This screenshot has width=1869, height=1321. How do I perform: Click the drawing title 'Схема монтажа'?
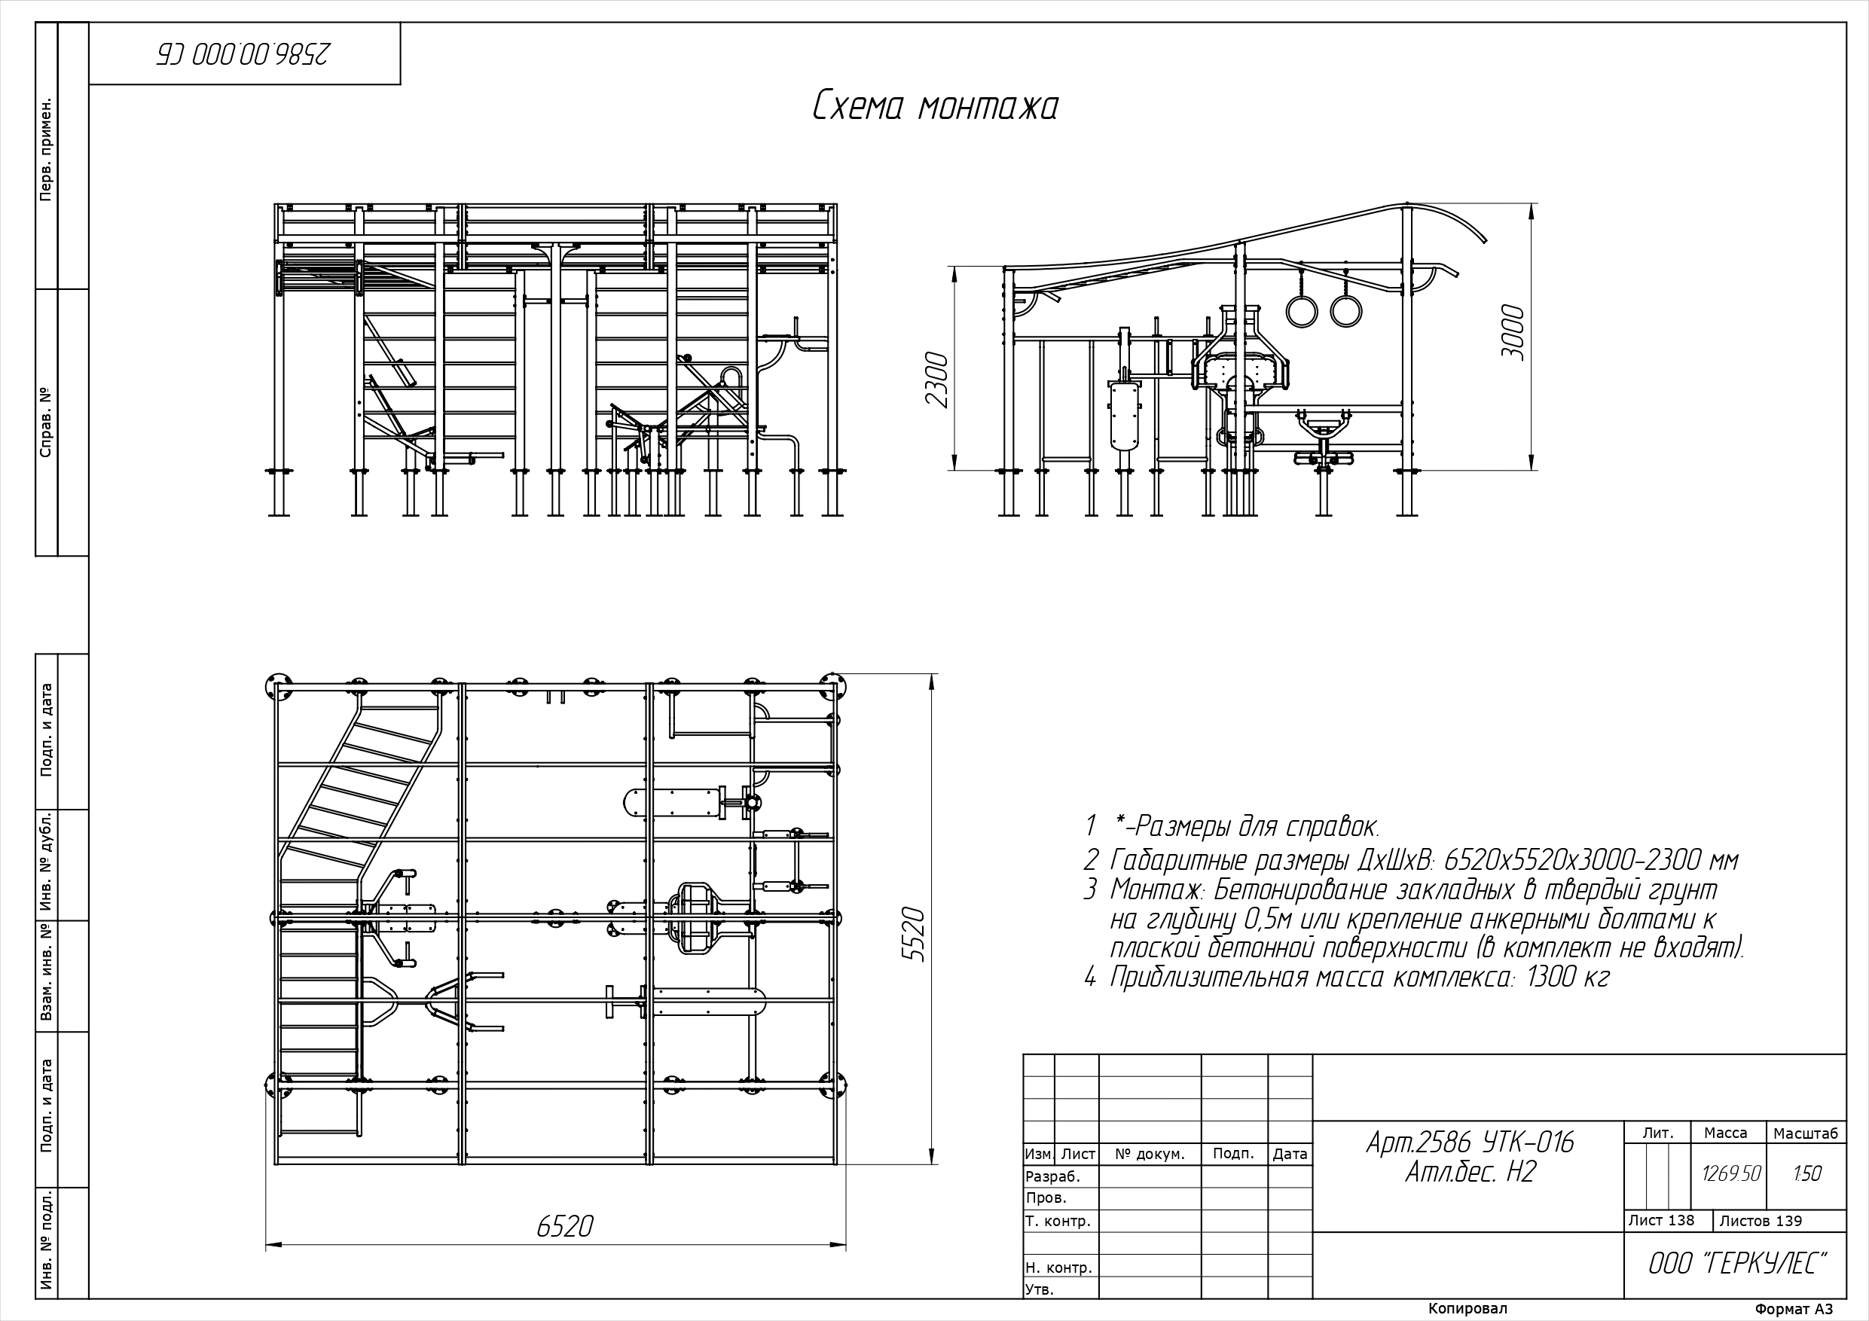coord(936,108)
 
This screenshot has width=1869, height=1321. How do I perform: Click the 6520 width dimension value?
coord(565,1226)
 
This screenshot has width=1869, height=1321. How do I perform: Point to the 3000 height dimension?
coord(1513,332)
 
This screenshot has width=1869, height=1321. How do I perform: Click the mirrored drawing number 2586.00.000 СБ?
coord(244,53)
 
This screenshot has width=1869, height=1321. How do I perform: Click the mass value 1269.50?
coord(1731,1173)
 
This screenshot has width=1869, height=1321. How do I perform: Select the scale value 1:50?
coord(1807,1173)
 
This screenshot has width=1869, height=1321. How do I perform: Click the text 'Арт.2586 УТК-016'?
coord(1470,1143)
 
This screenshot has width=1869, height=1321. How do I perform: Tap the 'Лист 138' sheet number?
coord(1661,1220)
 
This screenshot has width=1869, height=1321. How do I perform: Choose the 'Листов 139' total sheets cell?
coord(1761,1221)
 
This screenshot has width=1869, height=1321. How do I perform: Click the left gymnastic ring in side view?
coord(1302,311)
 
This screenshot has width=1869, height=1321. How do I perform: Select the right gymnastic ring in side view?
coord(1346,311)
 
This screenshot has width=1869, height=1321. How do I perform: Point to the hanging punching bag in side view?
coord(1122,415)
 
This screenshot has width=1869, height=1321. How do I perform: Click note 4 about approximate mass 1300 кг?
coord(1346,977)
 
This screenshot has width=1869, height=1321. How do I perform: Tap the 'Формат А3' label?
coord(1794,1309)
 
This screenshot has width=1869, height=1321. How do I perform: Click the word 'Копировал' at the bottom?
coord(1467,1308)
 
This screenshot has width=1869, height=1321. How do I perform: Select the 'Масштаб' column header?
coord(1806,1133)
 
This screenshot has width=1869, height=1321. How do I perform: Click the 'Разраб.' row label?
coord(1052,1176)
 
